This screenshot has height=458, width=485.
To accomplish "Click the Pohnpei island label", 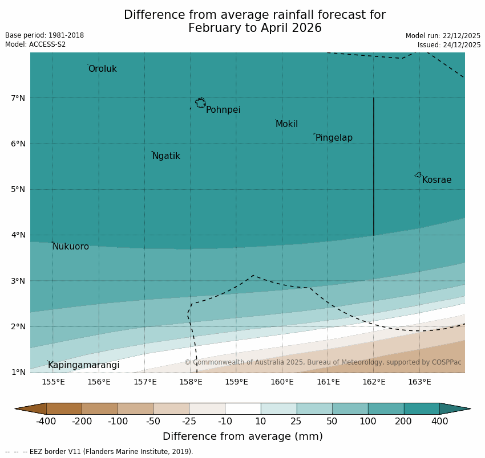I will [223, 110].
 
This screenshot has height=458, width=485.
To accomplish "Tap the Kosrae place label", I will [436, 180].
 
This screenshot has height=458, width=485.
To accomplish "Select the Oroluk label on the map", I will [103, 69].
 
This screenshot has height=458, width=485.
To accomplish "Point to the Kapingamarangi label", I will [84, 365].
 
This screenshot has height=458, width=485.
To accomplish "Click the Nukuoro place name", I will [71, 247].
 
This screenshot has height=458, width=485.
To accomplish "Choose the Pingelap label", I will [334, 138].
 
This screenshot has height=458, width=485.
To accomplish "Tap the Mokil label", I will [286, 124].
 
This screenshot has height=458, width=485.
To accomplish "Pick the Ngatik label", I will [166, 156].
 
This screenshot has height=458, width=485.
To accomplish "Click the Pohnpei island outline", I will [200, 103].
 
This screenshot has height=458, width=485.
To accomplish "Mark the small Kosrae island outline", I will [418, 175].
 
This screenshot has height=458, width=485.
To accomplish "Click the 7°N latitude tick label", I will [18, 98].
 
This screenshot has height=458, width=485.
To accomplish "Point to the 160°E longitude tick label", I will [282, 382].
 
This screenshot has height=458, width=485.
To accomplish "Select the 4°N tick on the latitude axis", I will [18, 235].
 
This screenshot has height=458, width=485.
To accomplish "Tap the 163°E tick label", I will [419, 382].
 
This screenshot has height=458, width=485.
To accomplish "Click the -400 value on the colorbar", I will [46, 422].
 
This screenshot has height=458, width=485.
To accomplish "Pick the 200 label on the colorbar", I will [404, 422].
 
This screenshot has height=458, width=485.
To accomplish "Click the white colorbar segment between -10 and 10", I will [242, 408].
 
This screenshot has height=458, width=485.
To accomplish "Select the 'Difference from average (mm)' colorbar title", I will [242, 437].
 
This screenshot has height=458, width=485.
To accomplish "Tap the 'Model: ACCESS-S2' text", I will [35, 44].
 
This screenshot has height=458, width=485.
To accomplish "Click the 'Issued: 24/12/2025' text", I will [449, 44].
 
